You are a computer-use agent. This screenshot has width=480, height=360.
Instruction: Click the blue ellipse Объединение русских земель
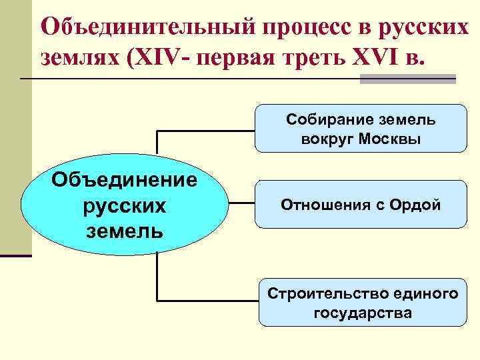pyautogui.click(x=124, y=205)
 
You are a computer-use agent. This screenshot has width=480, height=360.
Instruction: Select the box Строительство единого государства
pyautogui.click(x=363, y=302)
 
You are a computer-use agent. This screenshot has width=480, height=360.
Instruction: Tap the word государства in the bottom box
pyautogui.click(x=363, y=312)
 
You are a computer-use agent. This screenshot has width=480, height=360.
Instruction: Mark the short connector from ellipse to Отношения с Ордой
pyautogui.click(x=241, y=205)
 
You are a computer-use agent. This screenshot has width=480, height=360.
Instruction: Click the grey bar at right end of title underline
pyautogui.click(x=407, y=79)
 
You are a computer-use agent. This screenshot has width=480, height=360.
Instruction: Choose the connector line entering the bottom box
pyautogui.click(x=207, y=301)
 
